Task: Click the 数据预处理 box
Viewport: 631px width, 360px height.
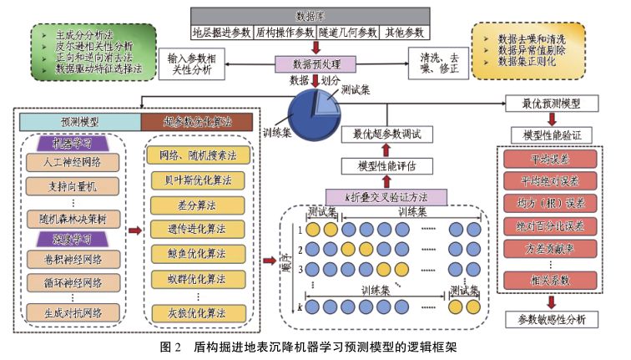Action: pos(315,63)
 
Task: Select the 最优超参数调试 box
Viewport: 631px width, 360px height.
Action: pos(387,134)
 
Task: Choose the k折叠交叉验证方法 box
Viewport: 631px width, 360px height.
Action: pos(387,195)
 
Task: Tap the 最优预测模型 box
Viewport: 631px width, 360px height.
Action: pos(549,104)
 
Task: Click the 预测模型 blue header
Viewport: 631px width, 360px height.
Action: pos(78,121)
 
